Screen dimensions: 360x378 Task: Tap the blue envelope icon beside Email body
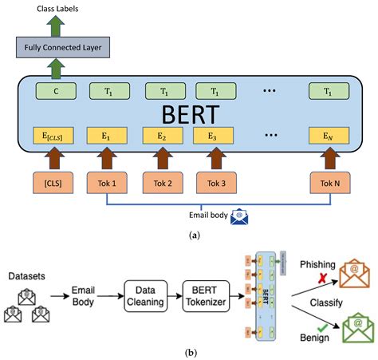tap(237, 215)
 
